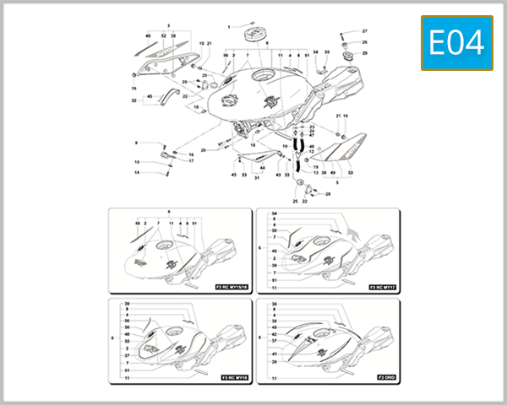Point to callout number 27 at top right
[365, 30]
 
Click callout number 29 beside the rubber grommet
[365, 53]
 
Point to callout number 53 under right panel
[350, 173]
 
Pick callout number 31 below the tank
[257, 178]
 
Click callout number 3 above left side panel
[168, 27]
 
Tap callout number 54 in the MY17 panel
[275, 214]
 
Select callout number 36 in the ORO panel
[275, 304]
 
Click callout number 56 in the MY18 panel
[127, 321]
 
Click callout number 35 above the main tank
[327, 52]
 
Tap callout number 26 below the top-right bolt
[365, 42]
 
